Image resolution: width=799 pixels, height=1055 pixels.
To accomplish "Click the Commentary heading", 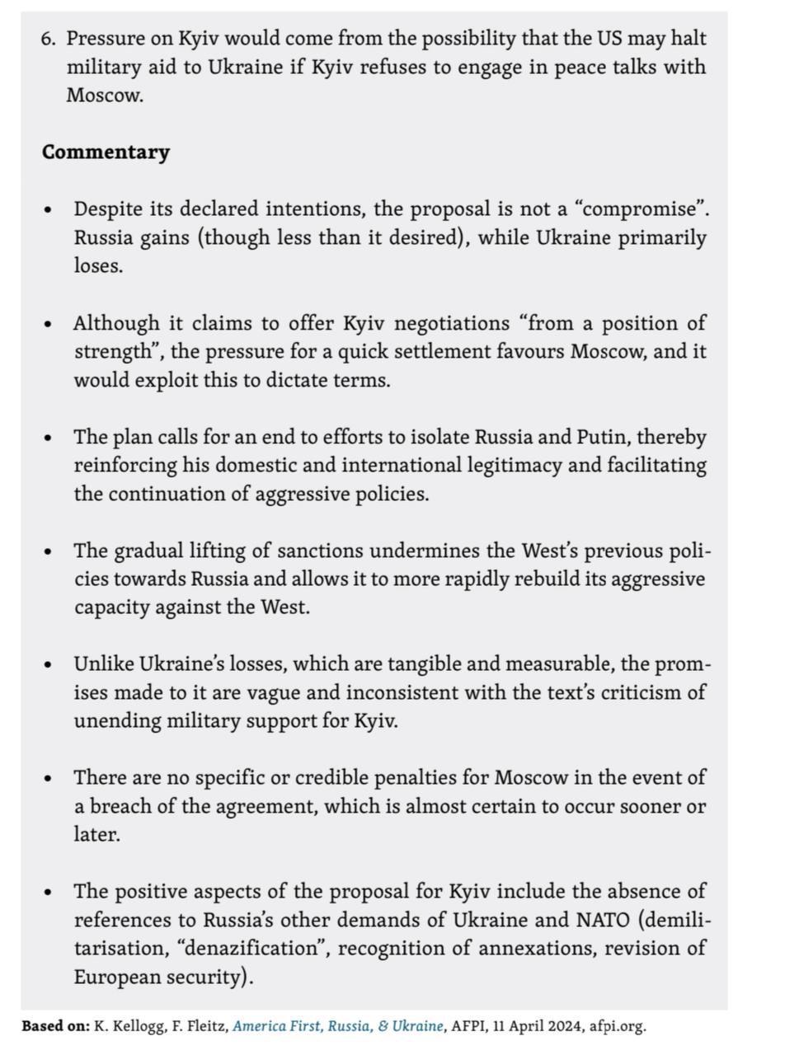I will point(106,152).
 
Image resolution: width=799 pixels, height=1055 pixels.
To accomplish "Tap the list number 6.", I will point(48,39).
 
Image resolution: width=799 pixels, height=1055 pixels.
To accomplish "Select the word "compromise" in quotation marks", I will point(642,209).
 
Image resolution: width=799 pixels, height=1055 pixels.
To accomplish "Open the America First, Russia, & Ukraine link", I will point(338,1026).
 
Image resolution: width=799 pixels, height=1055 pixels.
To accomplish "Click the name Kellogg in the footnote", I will point(125,1026).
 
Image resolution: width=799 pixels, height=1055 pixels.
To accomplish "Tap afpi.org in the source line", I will point(618,1026).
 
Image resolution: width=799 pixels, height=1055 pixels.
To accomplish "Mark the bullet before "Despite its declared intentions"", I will point(49,210).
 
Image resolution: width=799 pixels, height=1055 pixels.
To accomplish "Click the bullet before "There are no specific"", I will point(49,779).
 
